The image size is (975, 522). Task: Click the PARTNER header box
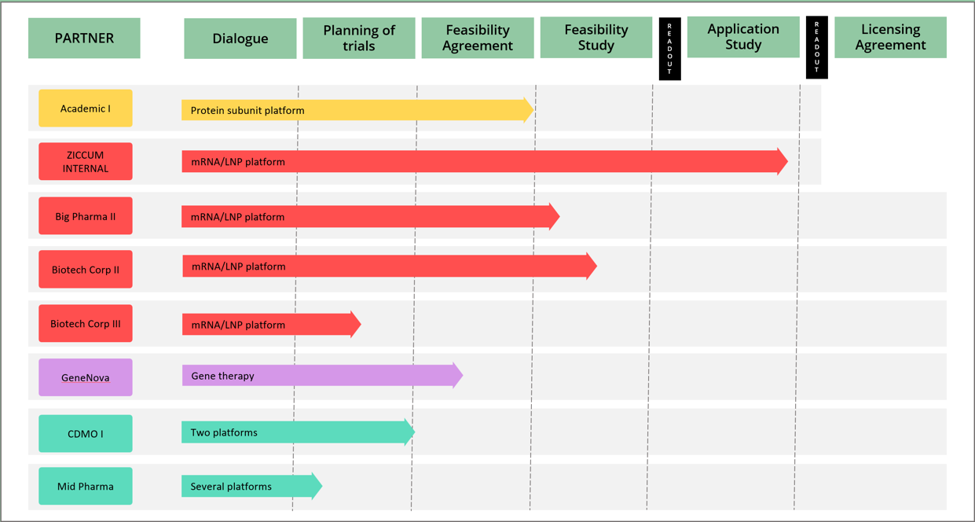(x=84, y=38)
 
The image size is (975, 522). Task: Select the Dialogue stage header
(x=240, y=38)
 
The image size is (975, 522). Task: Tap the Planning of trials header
(x=359, y=38)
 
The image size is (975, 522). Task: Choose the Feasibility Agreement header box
(x=478, y=38)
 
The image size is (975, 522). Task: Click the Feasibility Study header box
(x=596, y=38)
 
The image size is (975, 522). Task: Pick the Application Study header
(x=743, y=37)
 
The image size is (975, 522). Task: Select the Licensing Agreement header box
(x=890, y=37)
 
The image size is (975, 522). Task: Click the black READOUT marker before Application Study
(x=669, y=49)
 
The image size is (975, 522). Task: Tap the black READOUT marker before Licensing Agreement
(x=816, y=48)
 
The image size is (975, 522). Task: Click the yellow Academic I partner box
(x=86, y=108)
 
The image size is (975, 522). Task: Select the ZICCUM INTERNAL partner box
(x=86, y=162)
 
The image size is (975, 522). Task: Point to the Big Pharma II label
(x=86, y=216)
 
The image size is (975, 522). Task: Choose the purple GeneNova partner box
(x=86, y=377)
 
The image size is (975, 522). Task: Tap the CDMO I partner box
(x=86, y=433)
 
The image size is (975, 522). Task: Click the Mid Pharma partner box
(x=86, y=487)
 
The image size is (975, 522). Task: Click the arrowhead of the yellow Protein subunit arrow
(x=529, y=110)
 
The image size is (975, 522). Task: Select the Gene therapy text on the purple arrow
(x=222, y=376)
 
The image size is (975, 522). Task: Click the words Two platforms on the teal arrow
(x=224, y=432)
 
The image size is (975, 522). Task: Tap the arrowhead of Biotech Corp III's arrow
(x=356, y=324)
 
